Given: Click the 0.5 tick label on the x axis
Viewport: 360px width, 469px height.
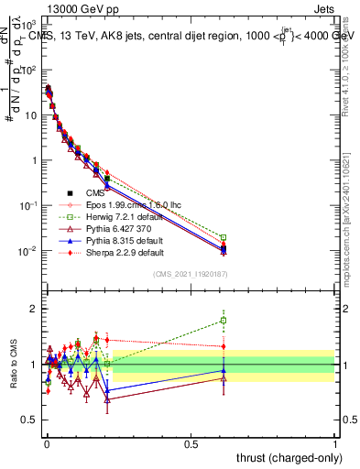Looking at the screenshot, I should coord(190,443).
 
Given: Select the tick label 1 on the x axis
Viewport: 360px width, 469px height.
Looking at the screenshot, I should coord(334,443).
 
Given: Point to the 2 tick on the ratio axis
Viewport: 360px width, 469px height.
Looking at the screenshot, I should coord(34,309).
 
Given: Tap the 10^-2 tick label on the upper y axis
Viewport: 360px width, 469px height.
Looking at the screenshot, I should coord(29,251).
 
